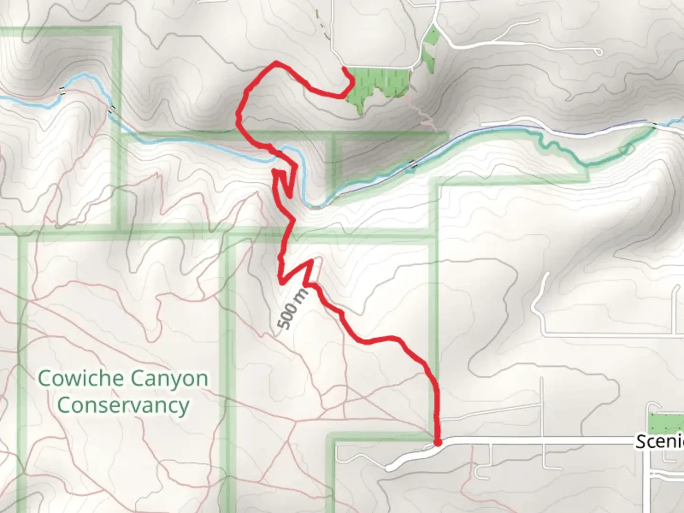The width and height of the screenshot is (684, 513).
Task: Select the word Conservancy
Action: (123, 405)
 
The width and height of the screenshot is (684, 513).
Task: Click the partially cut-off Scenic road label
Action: (659, 442)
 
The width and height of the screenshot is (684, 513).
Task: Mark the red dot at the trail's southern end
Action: (437, 443)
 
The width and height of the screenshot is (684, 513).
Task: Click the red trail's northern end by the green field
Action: (344, 70)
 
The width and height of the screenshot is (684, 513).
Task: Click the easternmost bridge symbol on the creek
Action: (655, 125)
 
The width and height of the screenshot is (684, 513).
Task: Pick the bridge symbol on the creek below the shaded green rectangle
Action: (413, 164)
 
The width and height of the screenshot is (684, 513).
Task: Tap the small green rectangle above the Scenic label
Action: (665, 423)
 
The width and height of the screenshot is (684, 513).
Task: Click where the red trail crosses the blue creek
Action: (282, 152)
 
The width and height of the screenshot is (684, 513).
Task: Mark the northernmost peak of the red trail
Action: (276, 62)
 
